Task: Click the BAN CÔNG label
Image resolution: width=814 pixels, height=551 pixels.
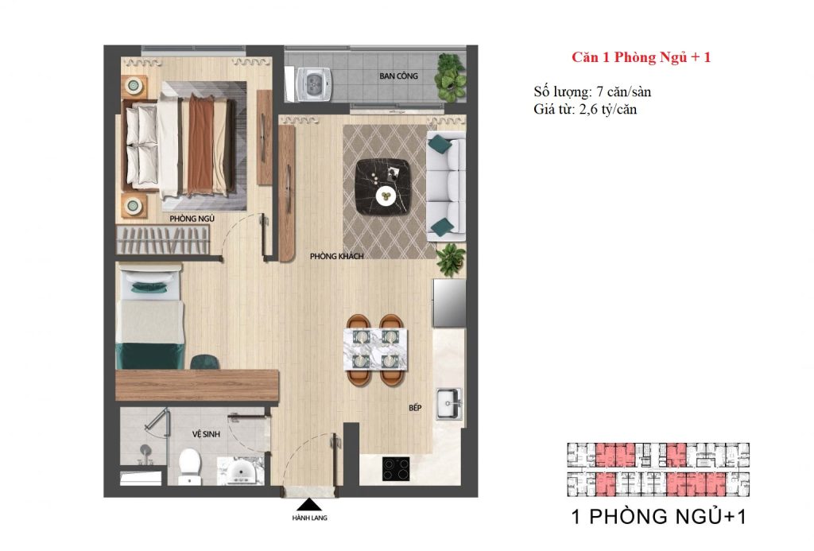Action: coord(399,76)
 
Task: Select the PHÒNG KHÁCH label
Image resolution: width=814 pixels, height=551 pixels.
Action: coord(337,256)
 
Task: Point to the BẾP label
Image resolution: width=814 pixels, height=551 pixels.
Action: coord(415,408)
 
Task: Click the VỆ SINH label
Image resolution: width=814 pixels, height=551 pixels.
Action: coord(206,435)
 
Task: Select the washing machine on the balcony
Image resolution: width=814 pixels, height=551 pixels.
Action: coord(315,84)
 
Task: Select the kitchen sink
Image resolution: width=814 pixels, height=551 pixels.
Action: coord(450,402)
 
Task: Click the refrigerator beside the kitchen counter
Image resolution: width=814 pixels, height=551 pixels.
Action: coord(448,303)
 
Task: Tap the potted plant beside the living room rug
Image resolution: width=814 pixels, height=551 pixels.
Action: coord(452,259)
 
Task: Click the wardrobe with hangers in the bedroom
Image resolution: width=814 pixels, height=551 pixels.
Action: coord(165,241)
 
